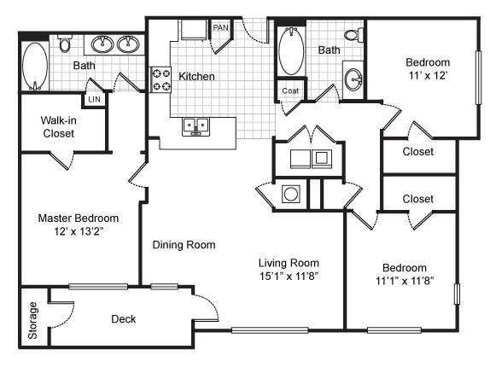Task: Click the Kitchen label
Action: click(x=196, y=77)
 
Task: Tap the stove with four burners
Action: click(x=160, y=79)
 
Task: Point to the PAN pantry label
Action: click(x=220, y=27)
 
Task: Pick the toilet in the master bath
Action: click(x=65, y=45)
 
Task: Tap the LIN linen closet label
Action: click(x=95, y=100)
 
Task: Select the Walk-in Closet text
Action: click(x=58, y=127)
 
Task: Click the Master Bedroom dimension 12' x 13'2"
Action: click(x=78, y=231)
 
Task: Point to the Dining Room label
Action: click(x=184, y=245)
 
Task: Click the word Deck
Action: click(x=125, y=319)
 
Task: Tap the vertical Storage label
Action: click(x=32, y=321)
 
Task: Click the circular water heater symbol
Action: click(x=291, y=195)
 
